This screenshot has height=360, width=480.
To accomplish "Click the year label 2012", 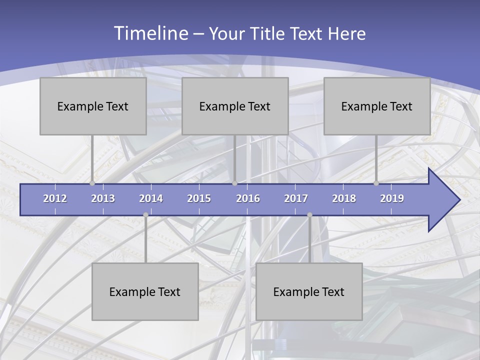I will coord(55,198).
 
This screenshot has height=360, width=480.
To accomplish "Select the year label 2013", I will coord(103,198).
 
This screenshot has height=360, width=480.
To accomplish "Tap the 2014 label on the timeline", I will coord(151,198).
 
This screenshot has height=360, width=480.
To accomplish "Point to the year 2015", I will coord(199,198).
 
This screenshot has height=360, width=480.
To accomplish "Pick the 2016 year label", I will coord(248,198).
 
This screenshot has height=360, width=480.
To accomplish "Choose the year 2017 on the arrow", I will coord(296,198).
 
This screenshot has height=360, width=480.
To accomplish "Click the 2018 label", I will coord(344,198).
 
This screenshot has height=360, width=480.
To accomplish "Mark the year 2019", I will coord(392,198).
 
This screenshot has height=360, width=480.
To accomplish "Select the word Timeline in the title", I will coord(150,33).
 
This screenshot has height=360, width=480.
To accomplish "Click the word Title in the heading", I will coord(269,34).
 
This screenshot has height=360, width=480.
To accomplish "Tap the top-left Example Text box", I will coord(93,106).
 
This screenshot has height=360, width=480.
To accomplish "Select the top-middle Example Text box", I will coord(235,106).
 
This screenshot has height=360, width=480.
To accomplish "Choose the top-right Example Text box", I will coord(377,106).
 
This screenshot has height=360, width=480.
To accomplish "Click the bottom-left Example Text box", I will coord(145,291).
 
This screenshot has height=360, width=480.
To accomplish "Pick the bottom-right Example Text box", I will coord(309,291).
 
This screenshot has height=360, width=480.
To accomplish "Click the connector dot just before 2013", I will coord(92,183).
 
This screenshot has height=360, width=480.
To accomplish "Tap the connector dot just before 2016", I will coord(234,183).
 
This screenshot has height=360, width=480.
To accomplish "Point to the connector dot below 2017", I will coord(309,214).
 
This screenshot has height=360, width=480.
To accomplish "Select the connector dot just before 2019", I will coord(376,183).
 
